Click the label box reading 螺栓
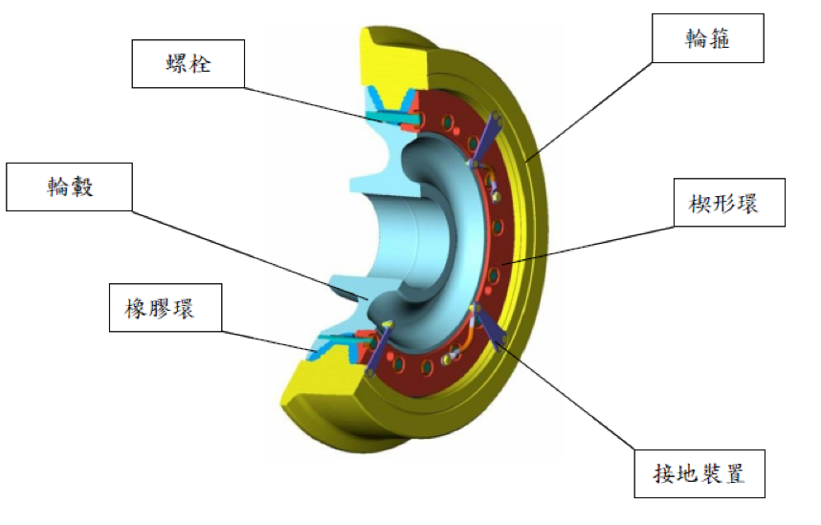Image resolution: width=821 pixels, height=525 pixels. pos(188,63)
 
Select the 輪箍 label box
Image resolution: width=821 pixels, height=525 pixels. pos(707,38)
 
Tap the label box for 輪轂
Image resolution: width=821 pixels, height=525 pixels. pos(69,186)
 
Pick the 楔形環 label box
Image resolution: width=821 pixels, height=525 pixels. pos(729,203)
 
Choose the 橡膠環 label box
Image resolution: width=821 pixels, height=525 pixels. pos(166,308)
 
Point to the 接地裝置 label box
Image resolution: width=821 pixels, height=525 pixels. pos(699,473)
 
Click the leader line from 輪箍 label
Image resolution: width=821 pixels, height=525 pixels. pos(588,111)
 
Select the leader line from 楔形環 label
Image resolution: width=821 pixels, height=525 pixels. pos(588,245)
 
